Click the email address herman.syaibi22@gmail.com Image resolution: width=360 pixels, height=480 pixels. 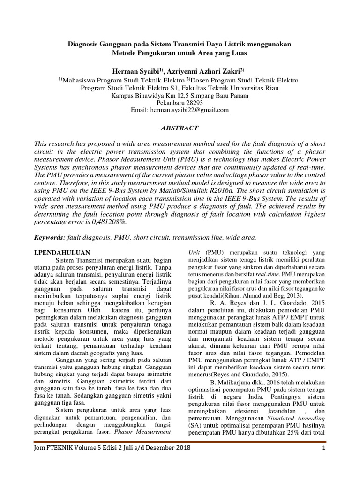(189, 110)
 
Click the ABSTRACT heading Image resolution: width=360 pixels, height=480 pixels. (180, 128)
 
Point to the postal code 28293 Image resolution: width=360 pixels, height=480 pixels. (193, 103)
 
